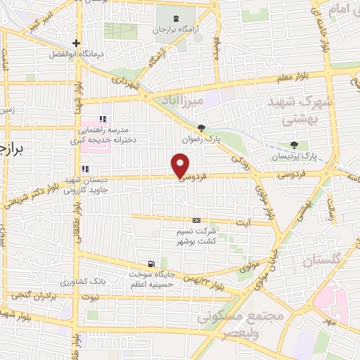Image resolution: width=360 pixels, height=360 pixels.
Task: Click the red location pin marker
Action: click(x=181, y=165)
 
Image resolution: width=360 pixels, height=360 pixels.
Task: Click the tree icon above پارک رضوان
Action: click(x=202, y=127)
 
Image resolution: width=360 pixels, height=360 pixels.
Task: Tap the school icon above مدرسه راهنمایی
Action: click(x=103, y=118)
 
